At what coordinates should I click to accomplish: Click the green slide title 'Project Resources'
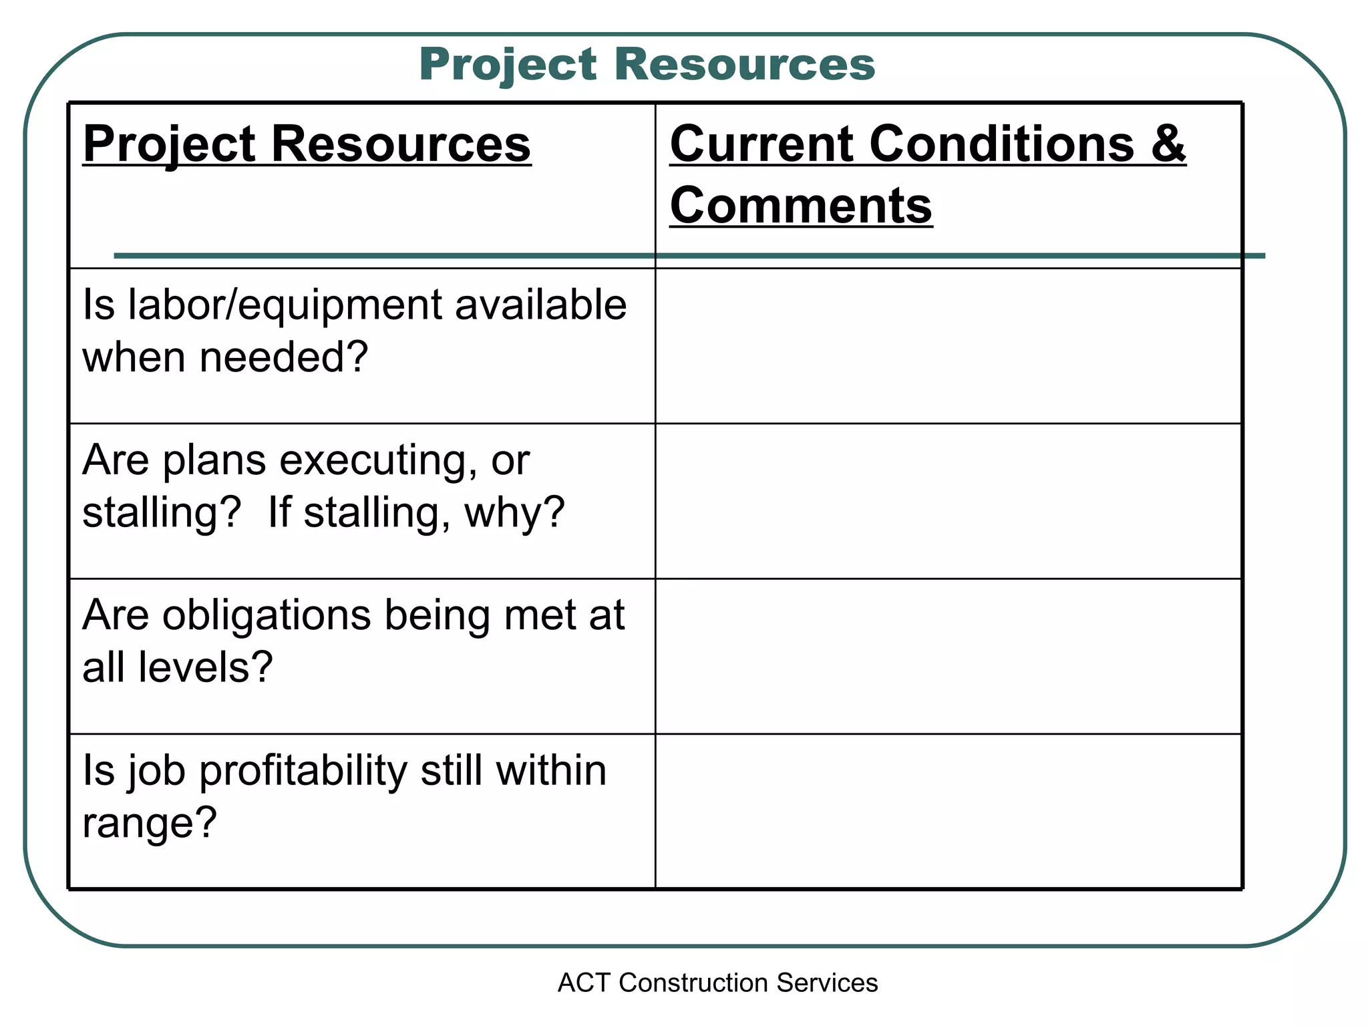(647, 65)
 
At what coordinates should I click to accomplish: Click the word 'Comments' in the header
(801, 205)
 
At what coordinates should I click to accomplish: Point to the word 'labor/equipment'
(285, 305)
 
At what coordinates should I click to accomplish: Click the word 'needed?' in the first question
(284, 357)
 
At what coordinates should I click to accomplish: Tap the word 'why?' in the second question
(515, 512)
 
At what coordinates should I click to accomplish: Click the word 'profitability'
(303, 770)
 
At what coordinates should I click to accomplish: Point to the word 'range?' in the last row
(150, 823)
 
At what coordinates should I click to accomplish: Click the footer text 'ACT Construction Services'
(717, 983)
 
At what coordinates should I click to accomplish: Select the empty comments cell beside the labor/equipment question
(949, 346)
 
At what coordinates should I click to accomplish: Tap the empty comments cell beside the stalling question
(949, 501)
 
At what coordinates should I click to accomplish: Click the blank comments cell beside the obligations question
(949, 656)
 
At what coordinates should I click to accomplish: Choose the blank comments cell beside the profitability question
(949, 811)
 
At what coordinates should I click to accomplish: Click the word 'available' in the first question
(540, 305)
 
